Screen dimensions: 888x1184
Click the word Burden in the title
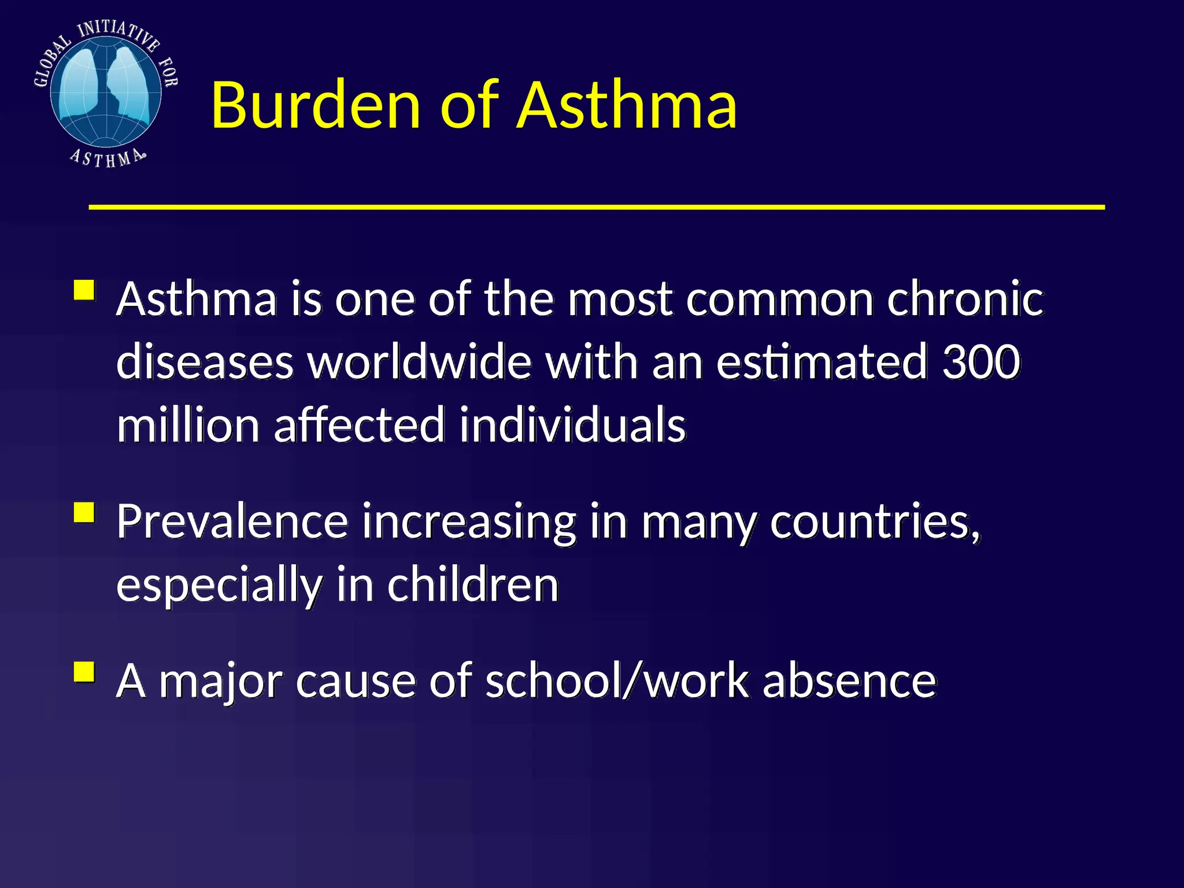tap(315, 105)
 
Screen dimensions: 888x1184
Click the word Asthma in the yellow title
tap(627, 105)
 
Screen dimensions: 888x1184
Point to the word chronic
tap(965, 299)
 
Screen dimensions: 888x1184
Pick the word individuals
tap(573, 425)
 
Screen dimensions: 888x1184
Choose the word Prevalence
tap(232, 521)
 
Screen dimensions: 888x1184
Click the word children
tap(473, 584)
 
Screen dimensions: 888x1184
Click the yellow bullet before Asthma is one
tap(84, 290)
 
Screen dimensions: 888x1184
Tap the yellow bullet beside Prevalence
tap(84, 513)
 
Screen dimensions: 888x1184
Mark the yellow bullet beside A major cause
tap(84, 672)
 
